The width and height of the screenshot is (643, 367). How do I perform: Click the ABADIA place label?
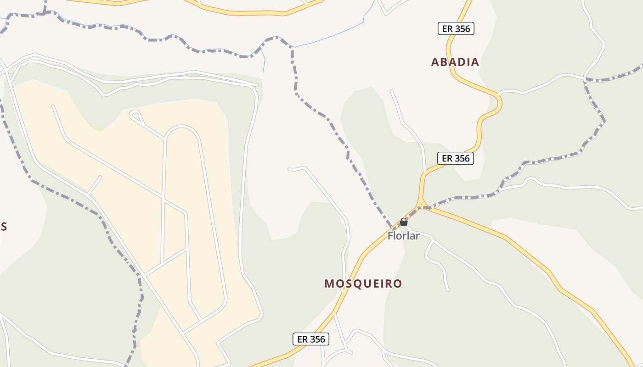pyautogui.click(x=455, y=62)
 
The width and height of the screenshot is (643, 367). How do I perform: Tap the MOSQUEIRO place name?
pyautogui.click(x=363, y=284)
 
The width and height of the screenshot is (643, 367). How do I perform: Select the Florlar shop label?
pyautogui.click(x=403, y=236)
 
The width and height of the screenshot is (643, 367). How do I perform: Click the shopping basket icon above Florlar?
pyautogui.click(x=404, y=222)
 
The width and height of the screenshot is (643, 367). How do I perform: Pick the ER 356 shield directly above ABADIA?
pyautogui.click(x=456, y=28)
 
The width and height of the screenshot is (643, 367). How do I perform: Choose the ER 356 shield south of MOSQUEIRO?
pyautogui.click(x=311, y=339)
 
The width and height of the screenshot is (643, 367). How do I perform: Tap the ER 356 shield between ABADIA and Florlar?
pyautogui.click(x=456, y=158)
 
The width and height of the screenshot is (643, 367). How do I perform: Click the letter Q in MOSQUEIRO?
pyautogui.click(x=355, y=284)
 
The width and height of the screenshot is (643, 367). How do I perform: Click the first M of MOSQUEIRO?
pyautogui.click(x=329, y=284)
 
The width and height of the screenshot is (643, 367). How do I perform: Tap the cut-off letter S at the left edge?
pyautogui.click(x=3, y=227)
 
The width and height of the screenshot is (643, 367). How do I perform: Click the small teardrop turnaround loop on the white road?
pyautogui.click(x=135, y=115)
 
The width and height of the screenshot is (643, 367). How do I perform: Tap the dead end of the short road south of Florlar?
pyautogui.click(x=447, y=290)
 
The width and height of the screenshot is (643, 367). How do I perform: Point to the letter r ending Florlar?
pyautogui.click(x=417, y=236)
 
